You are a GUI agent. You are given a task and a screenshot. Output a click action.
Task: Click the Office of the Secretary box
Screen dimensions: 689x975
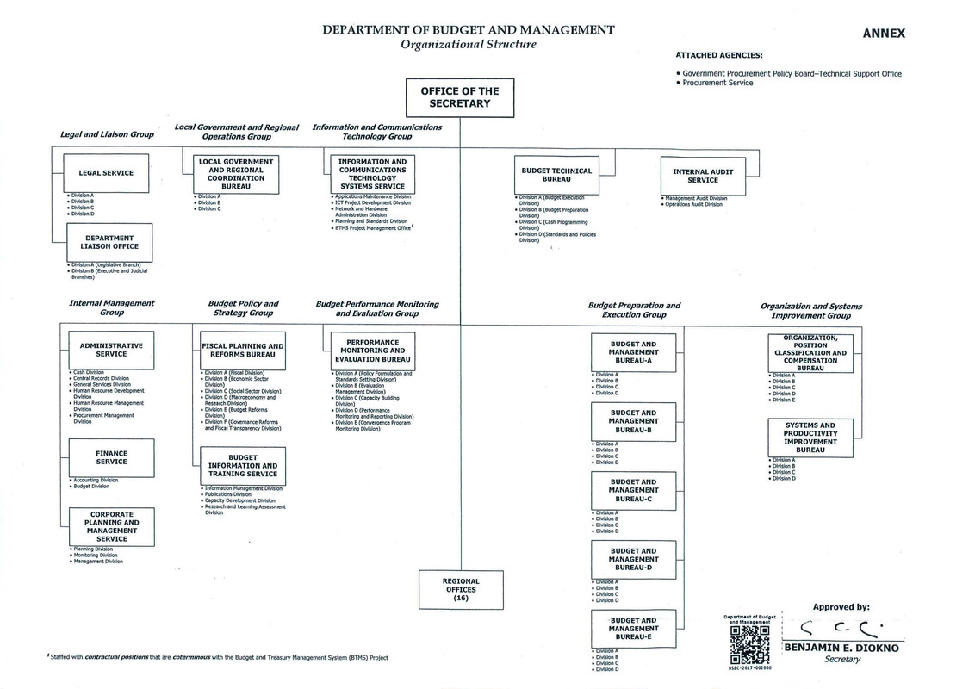[460, 97]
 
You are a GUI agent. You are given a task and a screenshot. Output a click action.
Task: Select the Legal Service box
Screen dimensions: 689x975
[106, 173]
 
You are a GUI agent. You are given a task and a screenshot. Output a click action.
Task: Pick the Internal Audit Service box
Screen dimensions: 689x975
[702, 176]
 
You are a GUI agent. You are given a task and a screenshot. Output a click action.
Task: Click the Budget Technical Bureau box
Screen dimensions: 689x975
[556, 176]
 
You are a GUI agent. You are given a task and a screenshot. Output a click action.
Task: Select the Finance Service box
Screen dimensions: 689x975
[111, 457]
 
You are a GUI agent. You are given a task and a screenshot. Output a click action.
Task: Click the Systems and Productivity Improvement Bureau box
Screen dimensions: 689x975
[810, 438]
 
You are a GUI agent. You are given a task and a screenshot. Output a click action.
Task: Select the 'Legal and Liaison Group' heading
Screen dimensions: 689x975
[107, 134]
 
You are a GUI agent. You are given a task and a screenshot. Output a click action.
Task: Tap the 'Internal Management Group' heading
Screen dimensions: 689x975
[112, 307]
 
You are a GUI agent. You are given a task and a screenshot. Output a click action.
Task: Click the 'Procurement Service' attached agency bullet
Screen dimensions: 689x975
[717, 83]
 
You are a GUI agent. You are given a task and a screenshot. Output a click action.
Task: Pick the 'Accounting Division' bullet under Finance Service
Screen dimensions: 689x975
[96, 480]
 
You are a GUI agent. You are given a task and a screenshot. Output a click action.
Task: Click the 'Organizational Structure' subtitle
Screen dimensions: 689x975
[468, 44]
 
